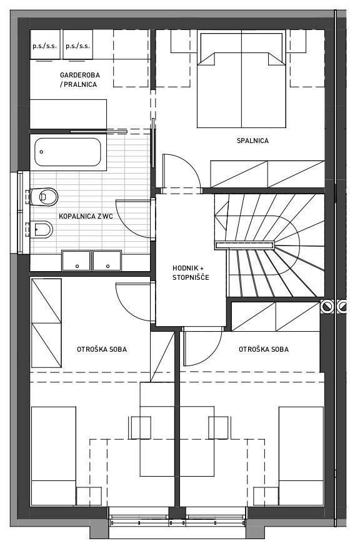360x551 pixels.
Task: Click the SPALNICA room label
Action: click(x=252, y=141)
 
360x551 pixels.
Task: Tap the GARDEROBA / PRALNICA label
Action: click(x=80, y=80)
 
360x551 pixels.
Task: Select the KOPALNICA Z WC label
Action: click(x=86, y=216)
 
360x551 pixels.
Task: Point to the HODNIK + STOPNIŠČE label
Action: click(x=191, y=272)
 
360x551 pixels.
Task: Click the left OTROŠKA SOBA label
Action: click(x=102, y=349)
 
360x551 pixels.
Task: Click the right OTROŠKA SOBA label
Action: click(x=264, y=349)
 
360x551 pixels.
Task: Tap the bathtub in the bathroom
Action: click(x=68, y=152)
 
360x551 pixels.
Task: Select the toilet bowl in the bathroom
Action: click(x=44, y=197)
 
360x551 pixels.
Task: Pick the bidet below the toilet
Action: click(x=41, y=229)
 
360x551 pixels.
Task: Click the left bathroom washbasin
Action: click(x=76, y=261)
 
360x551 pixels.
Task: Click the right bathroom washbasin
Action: click(x=107, y=261)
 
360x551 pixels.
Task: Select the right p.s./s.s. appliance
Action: click(x=77, y=44)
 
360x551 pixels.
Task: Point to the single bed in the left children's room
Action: click(x=54, y=456)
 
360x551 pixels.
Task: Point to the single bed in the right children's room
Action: click(x=301, y=456)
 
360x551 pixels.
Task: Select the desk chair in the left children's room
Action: click(x=141, y=428)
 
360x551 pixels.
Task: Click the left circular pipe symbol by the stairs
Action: click(x=327, y=306)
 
